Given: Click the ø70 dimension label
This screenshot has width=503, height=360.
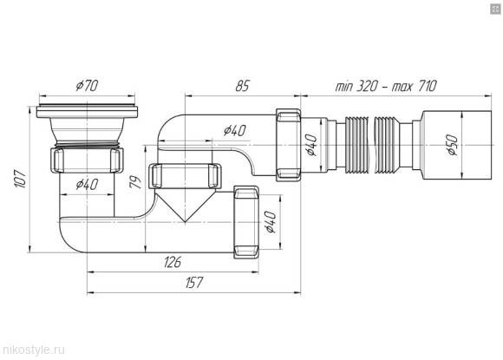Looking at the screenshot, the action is click(x=87, y=85).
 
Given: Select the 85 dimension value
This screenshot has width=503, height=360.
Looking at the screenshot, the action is click(x=242, y=86).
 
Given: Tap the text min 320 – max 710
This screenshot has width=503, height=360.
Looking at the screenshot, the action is click(x=386, y=86).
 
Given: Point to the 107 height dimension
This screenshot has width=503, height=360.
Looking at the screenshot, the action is click(x=20, y=179).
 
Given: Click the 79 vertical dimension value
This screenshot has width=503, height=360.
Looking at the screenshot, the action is click(x=136, y=182).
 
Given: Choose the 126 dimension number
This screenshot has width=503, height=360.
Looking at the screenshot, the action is click(x=173, y=262).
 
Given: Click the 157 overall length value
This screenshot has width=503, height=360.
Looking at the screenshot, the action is click(x=194, y=283).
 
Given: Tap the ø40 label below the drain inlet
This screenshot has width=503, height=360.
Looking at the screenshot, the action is click(x=87, y=184).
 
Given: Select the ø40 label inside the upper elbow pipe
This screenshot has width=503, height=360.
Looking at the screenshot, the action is click(x=235, y=130).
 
